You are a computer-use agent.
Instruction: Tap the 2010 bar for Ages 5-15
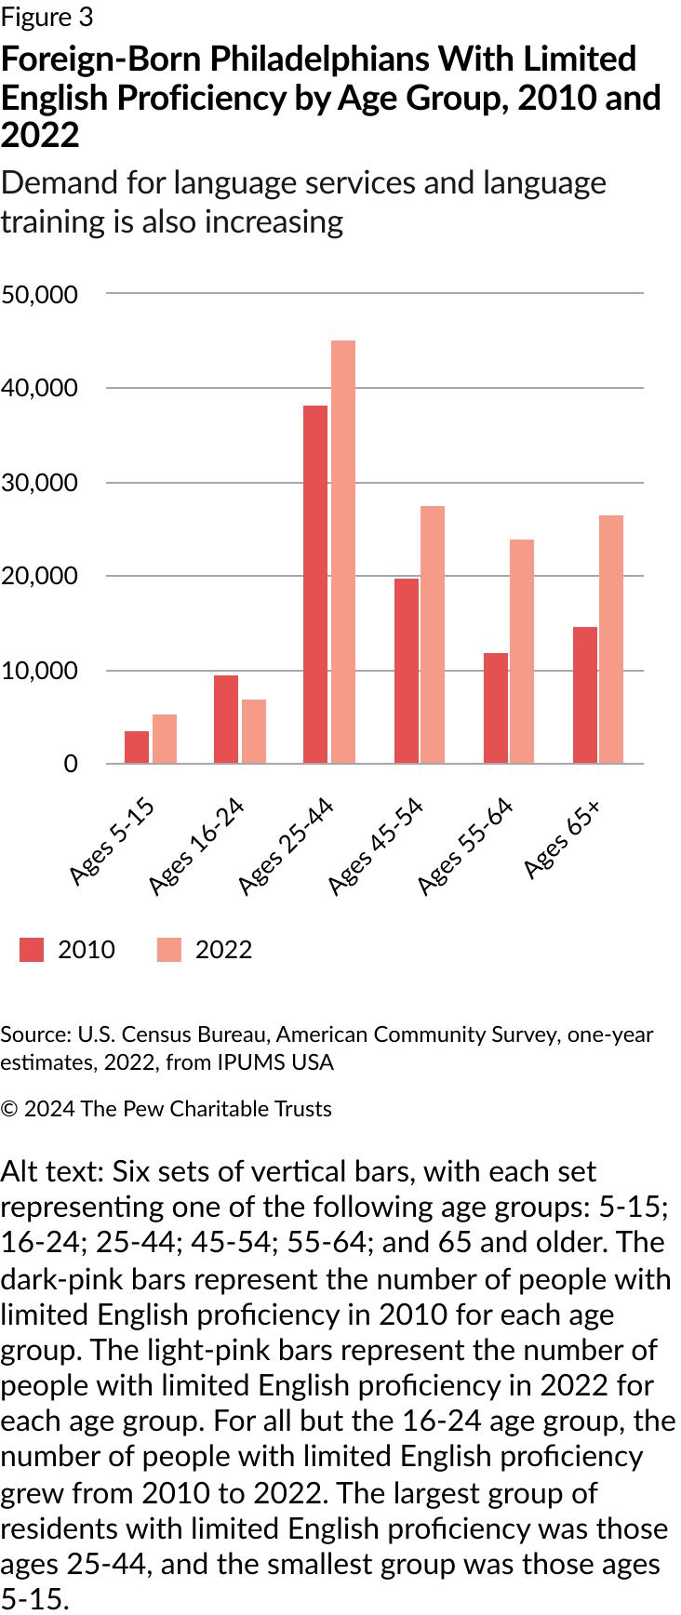click(137, 747)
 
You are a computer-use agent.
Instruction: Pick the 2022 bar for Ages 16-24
click(254, 731)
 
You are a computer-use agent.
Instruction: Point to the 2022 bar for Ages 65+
click(611, 639)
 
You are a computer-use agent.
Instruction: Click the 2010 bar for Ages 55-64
click(496, 708)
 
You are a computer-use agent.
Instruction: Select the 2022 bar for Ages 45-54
click(433, 634)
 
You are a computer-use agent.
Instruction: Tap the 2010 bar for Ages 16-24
click(226, 719)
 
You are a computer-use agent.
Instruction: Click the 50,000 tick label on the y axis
click(39, 295)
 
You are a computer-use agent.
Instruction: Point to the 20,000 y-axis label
click(39, 576)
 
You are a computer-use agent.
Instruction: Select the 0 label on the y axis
click(71, 764)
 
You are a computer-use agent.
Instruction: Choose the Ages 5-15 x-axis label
click(112, 841)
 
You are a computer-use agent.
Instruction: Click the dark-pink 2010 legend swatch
click(32, 949)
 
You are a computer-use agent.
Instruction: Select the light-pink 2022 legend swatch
click(169, 949)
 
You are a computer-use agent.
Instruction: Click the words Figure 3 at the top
click(47, 17)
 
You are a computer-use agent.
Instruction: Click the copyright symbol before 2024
click(9, 1109)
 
